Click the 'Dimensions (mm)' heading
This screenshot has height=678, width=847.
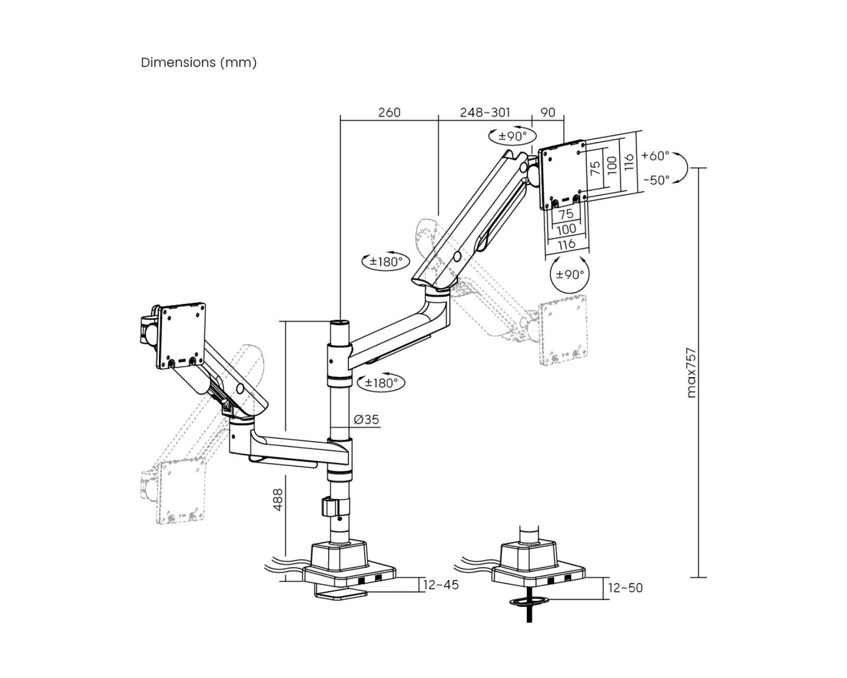click(199, 63)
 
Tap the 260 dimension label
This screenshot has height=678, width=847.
click(389, 113)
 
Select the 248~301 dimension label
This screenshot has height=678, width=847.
click(485, 113)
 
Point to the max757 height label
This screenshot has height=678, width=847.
click(691, 372)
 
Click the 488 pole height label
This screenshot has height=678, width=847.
click(277, 499)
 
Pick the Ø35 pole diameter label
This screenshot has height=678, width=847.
click(366, 420)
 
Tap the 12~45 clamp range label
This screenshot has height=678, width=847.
click(441, 585)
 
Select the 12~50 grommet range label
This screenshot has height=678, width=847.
click(625, 588)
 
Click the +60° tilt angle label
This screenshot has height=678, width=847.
click(655, 156)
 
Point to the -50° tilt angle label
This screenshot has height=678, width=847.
click(656, 180)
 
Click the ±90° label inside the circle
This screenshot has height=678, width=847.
click(570, 275)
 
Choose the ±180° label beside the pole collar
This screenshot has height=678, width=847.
click(382, 383)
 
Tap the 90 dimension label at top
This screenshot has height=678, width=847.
click(548, 113)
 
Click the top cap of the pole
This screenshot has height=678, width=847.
click(339, 322)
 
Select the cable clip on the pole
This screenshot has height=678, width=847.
click(328, 506)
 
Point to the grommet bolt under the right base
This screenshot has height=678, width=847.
click(529, 612)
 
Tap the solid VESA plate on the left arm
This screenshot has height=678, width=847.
click(182, 335)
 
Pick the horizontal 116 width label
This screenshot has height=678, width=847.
click(566, 244)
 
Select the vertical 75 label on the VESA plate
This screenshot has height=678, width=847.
click(596, 168)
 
